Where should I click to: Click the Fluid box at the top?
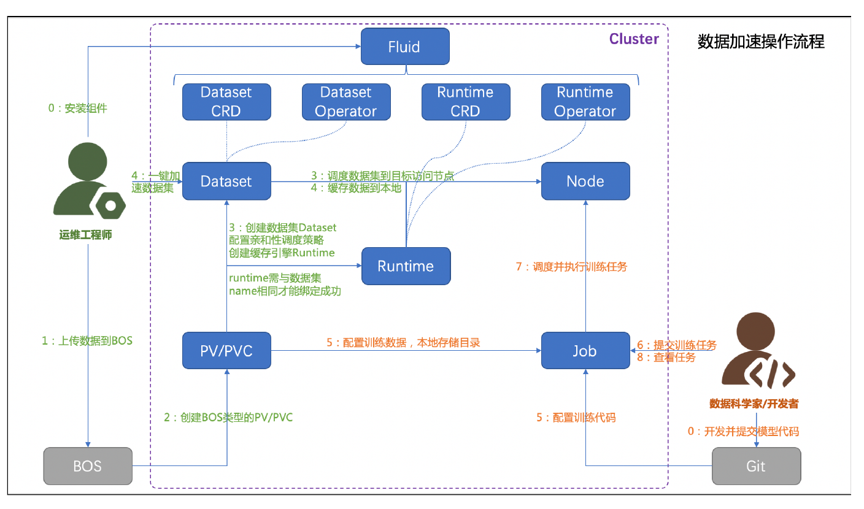pyautogui.click(x=405, y=47)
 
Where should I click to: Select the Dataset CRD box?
pyautogui.click(x=226, y=102)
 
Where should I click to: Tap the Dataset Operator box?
pyautogui.click(x=346, y=102)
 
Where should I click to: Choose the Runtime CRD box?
pyautogui.click(x=465, y=102)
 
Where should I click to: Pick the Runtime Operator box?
pyautogui.click(x=585, y=102)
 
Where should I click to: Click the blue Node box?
pyautogui.click(x=585, y=182)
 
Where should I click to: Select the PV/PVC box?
pyautogui.click(x=226, y=351)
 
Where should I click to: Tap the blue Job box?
pyautogui.click(x=585, y=351)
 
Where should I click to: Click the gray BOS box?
pyautogui.click(x=88, y=466)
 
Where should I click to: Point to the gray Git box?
pyautogui.click(x=756, y=466)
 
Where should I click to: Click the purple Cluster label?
pyautogui.click(x=634, y=39)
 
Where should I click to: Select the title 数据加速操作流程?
pyautogui.click(x=761, y=42)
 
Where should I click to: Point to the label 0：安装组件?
pyautogui.click(x=77, y=109)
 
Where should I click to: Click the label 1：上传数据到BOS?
pyautogui.click(x=87, y=341)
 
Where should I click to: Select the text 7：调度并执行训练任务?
pyautogui.click(x=571, y=267)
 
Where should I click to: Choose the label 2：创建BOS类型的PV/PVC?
pyautogui.click(x=228, y=418)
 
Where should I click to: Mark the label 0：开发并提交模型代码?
pyautogui.click(x=743, y=431)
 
